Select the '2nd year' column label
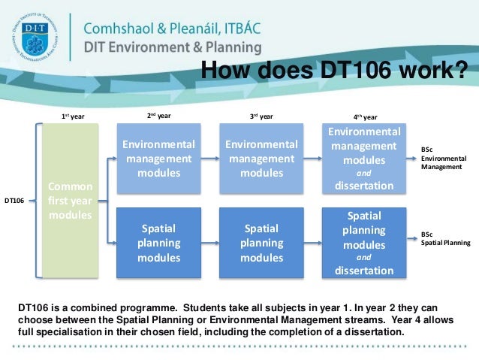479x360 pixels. point(158,116)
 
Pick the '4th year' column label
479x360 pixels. point(365,117)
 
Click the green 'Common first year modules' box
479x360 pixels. point(70,200)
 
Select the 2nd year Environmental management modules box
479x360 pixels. point(158,158)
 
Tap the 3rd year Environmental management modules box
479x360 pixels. point(261,158)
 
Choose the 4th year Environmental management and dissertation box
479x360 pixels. point(364,158)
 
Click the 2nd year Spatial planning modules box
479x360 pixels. point(158,242)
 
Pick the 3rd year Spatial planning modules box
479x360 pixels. point(261,242)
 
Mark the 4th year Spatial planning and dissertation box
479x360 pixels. point(364,242)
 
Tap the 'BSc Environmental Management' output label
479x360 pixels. point(443,159)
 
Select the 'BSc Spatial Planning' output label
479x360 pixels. point(445,238)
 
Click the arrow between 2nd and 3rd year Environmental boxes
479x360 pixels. point(209,158)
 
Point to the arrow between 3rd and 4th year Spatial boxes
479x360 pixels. point(312,242)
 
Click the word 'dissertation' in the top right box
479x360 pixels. point(364,186)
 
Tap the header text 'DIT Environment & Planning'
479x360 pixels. point(173,47)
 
